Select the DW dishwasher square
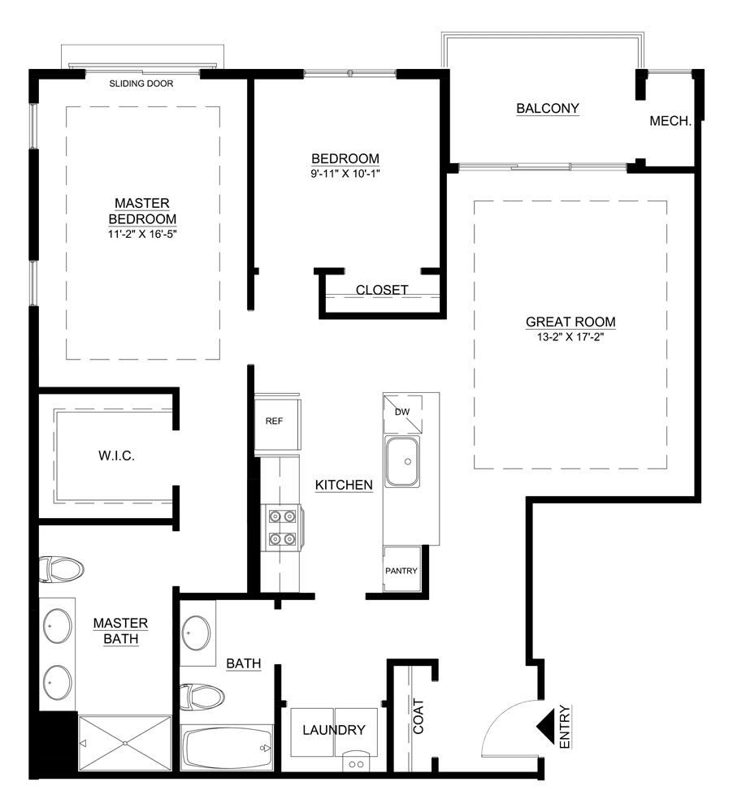click(401, 412)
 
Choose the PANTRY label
click(401, 571)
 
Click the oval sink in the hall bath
click(197, 632)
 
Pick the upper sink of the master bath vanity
click(54, 628)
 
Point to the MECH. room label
click(670, 121)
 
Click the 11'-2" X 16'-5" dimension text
click(143, 235)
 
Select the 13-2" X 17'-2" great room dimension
click(570, 337)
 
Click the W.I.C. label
click(115, 456)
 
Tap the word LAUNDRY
click(333, 730)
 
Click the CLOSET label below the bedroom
click(382, 289)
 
